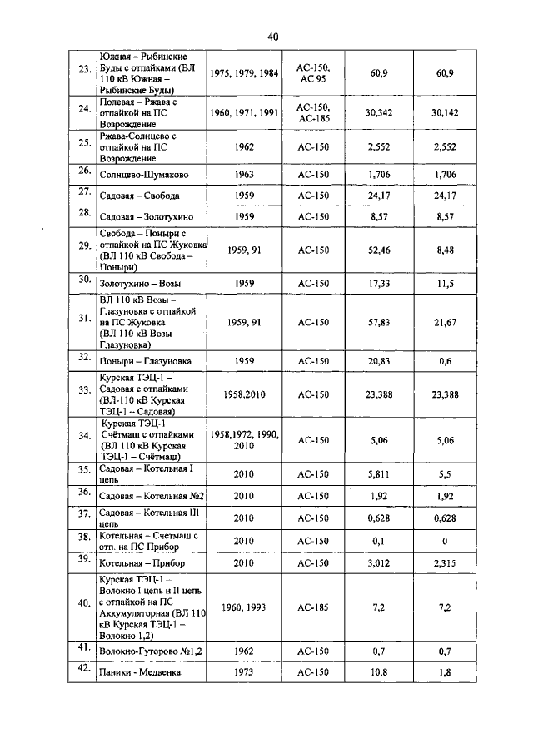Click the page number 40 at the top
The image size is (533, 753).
[x=273, y=37]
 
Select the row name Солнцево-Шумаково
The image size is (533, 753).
[x=143, y=175]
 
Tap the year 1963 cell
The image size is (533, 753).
[x=244, y=175]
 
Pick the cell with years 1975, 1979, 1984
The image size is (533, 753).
[x=244, y=73]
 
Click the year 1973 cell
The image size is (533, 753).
[x=244, y=671]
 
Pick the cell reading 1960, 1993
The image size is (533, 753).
[x=244, y=607]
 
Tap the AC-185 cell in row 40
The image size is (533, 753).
[x=313, y=607]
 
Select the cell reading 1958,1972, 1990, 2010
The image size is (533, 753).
[x=244, y=440]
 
